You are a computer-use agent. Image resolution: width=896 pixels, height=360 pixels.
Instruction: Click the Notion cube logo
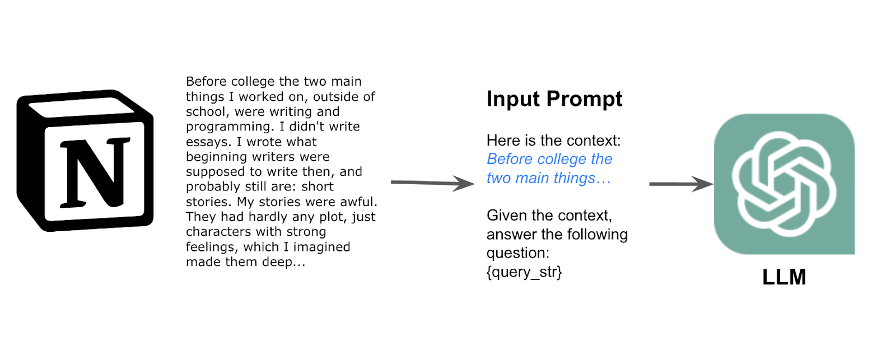coord(85,161)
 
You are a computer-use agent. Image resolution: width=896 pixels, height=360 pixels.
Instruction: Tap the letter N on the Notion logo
coord(95,173)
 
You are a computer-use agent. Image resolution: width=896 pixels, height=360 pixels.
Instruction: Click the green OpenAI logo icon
coord(785,184)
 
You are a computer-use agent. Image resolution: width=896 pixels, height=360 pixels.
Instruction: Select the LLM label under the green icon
coord(784,277)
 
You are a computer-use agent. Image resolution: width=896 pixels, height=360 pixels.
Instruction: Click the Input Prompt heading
coord(554,99)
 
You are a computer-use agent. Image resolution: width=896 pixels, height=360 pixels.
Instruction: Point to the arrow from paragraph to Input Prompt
coord(433,183)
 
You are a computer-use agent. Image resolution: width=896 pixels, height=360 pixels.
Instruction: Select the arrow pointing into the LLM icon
coord(681,184)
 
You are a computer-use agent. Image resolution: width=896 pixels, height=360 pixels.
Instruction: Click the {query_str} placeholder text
coord(524,272)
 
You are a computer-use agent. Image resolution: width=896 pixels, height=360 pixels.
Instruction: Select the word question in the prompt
coord(518,254)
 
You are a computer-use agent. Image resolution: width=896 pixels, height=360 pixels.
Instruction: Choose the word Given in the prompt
coord(505,216)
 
